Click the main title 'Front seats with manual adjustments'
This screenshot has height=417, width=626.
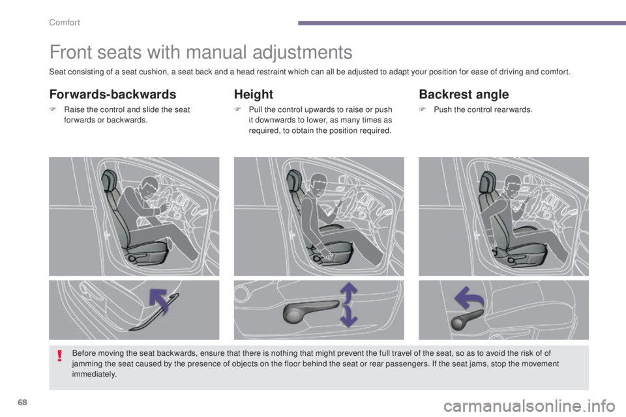point(201,51)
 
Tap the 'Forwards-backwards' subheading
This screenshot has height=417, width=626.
point(113,94)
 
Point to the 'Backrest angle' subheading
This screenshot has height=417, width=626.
point(463,94)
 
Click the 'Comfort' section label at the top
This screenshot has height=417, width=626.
point(63,23)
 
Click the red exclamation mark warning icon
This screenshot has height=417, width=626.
point(59,356)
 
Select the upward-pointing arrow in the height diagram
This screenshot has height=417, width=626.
point(350,293)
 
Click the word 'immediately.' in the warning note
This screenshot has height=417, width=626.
point(95,375)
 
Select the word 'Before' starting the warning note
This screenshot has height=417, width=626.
point(83,353)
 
